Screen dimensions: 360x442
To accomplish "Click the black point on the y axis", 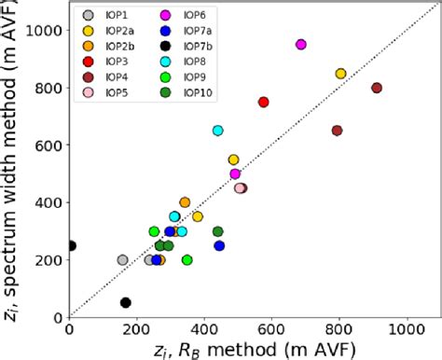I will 71,246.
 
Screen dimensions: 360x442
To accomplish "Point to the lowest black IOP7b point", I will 126,302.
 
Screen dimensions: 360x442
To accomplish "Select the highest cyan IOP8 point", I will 218,131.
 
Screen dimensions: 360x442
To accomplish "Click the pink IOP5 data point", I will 240,188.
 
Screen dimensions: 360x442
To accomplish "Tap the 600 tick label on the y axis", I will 46,145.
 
